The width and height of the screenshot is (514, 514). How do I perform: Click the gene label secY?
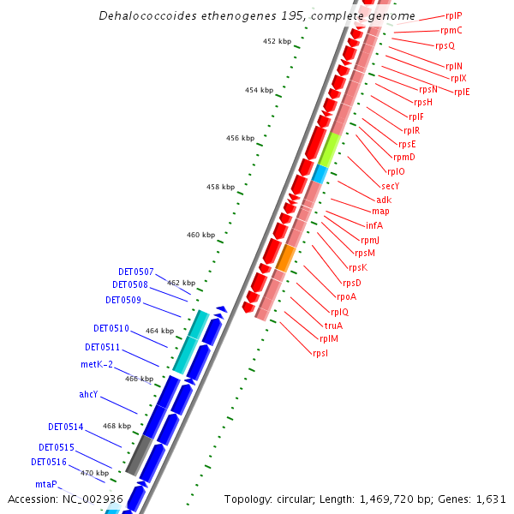(390, 186)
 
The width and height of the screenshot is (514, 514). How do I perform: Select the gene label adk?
(384, 200)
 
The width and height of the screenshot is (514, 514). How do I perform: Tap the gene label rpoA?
(346, 296)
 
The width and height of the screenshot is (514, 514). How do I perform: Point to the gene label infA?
(374, 225)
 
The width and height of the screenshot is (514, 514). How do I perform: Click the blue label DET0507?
(136, 272)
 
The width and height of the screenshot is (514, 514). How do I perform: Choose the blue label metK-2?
(97, 364)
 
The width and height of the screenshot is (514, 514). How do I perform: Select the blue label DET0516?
(49, 462)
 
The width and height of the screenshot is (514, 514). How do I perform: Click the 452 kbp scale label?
(277, 40)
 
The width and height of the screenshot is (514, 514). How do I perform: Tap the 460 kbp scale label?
(200, 235)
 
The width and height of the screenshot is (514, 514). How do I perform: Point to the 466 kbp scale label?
(139, 378)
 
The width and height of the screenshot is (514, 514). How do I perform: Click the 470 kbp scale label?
(95, 473)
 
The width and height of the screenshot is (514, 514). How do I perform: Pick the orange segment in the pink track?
(286, 257)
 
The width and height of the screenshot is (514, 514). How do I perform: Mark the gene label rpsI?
(320, 353)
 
